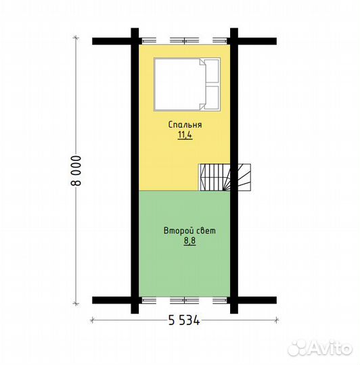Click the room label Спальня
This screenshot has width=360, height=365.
pos(185,124)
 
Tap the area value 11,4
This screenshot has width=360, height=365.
pos(185,135)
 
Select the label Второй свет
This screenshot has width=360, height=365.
pos(189,230)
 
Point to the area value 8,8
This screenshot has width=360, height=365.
pos(189,241)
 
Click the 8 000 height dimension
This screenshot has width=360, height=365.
pos(76,170)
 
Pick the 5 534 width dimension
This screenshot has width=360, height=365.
pos(184,320)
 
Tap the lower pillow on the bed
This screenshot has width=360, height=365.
pos(212,97)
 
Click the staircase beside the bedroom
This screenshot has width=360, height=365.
pos(225,177)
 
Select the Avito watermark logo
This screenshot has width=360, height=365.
pos(320,349)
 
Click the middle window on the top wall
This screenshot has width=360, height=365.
pos(184,41)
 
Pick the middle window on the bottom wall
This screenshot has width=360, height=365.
pos(184,300)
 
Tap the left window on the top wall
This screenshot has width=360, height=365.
pos(149,41)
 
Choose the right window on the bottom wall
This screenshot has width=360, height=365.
pos(220,300)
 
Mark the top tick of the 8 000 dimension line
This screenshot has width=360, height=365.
pos(76,37)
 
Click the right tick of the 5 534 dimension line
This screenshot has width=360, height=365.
pos(276,320)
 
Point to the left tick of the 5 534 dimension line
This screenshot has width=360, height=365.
pos(93,320)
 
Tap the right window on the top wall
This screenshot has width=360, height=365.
pos(220,41)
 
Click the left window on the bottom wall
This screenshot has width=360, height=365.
pos(149,300)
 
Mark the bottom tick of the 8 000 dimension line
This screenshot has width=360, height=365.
pos(76,303)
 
